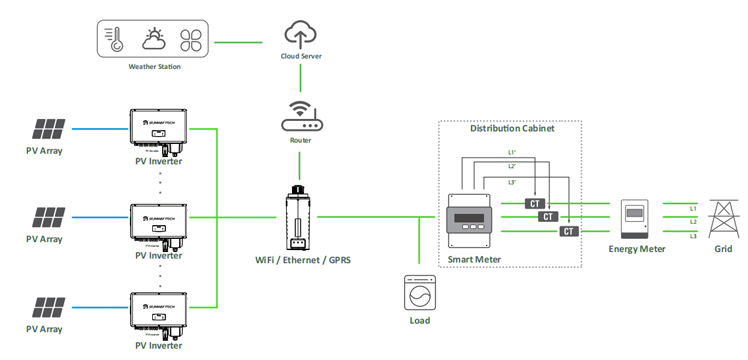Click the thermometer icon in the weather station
(116, 40)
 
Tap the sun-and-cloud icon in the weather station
(154, 40)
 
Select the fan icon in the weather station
(190, 40)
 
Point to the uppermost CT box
(535, 203)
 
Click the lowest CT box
(568, 231)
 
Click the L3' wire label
(512, 182)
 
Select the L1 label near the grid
(693, 207)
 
